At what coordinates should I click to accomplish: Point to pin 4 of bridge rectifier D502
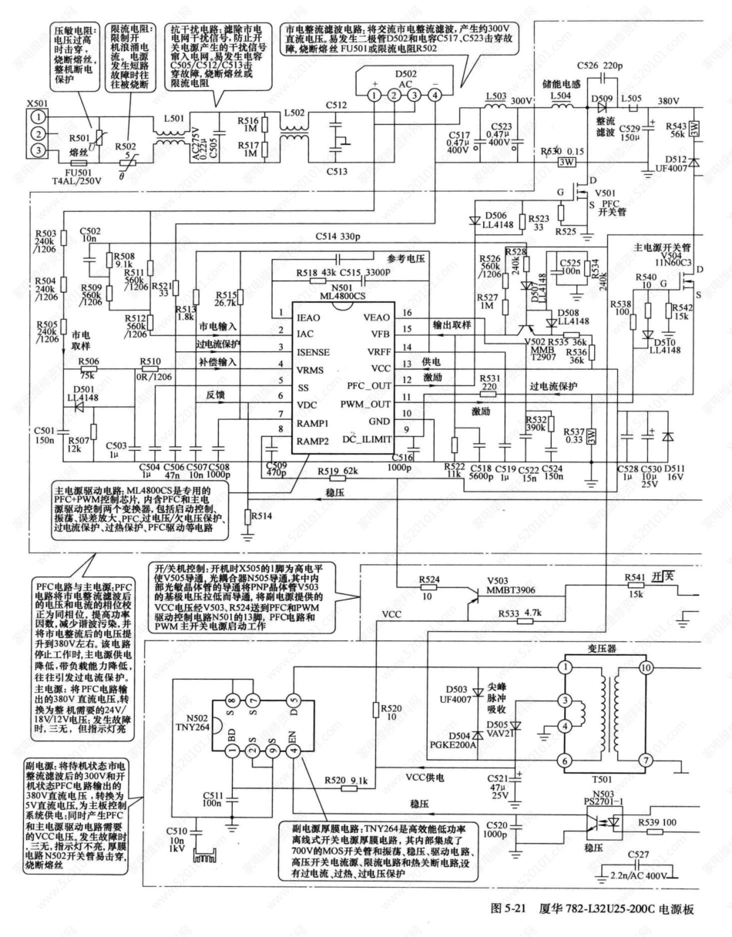pos(436,95)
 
